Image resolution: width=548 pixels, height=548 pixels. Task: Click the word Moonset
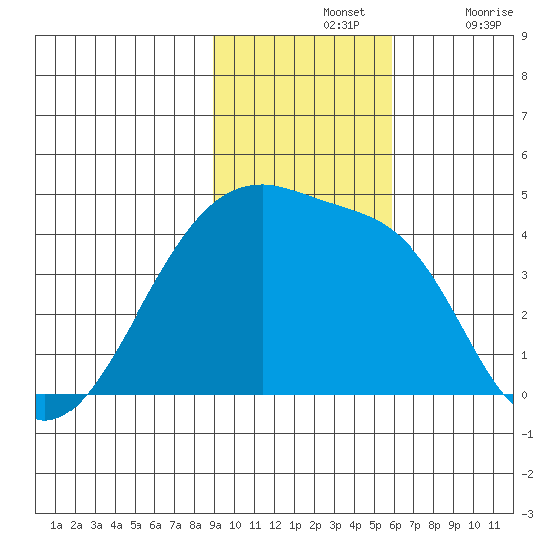[344, 12]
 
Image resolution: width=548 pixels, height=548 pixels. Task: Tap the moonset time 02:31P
[341, 25]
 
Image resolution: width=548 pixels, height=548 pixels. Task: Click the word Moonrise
[489, 12]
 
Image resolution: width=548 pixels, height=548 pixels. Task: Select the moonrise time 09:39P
[483, 25]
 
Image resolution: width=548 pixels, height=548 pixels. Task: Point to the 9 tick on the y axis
[524, 36]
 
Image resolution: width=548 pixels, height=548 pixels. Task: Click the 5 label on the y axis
[524, 195]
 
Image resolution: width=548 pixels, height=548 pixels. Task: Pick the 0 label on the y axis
[524, 395]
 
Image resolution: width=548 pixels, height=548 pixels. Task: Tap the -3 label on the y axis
[527, 514]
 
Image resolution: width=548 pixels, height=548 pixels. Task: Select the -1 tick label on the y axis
[527, 434]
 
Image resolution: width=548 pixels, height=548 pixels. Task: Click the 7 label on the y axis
[524, 116]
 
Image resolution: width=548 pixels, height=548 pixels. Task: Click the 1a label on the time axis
[56, 525]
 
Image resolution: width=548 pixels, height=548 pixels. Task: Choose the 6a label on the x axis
[155, 525]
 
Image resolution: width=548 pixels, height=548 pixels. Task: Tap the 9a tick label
[215, 525]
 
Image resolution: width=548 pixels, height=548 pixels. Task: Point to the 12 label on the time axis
[275, 525]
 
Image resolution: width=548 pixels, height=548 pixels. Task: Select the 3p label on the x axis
[335, 525]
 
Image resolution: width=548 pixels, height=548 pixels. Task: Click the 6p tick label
[395, 525]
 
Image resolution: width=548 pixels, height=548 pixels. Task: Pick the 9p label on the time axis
[454, 525]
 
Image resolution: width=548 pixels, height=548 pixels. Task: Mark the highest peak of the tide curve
[263, 185]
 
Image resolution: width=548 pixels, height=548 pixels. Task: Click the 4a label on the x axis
[116, 525]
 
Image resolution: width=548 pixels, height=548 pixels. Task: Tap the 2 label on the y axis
[524, 315]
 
